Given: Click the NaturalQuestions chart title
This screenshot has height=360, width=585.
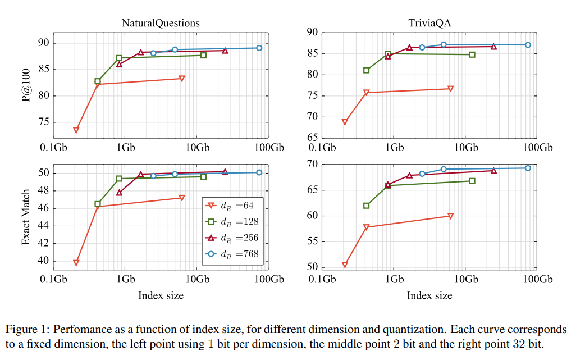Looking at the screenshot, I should pyautogui.click(x=161, y=23).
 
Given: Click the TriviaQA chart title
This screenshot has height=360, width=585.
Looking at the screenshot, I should pyautogui.click(x=429, y=23).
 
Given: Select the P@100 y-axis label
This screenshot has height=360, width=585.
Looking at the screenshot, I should pyautogui.click(x=25, y=83).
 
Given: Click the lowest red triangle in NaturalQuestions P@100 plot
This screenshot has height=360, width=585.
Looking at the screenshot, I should pyautogui.click(x=76, y=130).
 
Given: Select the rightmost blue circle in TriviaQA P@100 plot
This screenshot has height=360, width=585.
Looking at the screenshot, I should pyautogui.click(x=528, y=45).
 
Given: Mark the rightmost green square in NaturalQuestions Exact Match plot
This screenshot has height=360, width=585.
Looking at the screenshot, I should pyautogui.click(x=203, y=177).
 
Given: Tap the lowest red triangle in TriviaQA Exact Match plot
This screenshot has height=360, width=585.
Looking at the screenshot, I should pyautogui.click(x=345, y=265).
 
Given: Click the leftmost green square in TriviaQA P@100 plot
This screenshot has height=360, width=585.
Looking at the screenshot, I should pyautogui.click(x=366, y=70).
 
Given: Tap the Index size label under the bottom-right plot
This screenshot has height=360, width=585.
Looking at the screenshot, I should pyautogui.click(x=429, y=295).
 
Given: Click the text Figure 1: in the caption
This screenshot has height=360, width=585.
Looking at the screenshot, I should pyautogui.click(x=26, y=329).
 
